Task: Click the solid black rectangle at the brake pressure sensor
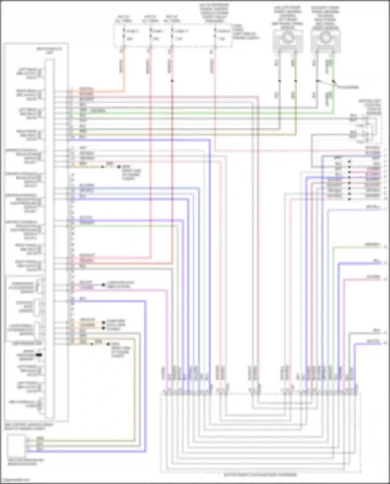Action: coord(39,355)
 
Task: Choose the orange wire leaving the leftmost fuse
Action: coord(124,70)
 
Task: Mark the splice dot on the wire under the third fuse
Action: coord(172,81)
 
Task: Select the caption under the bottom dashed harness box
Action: coord(260,475)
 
